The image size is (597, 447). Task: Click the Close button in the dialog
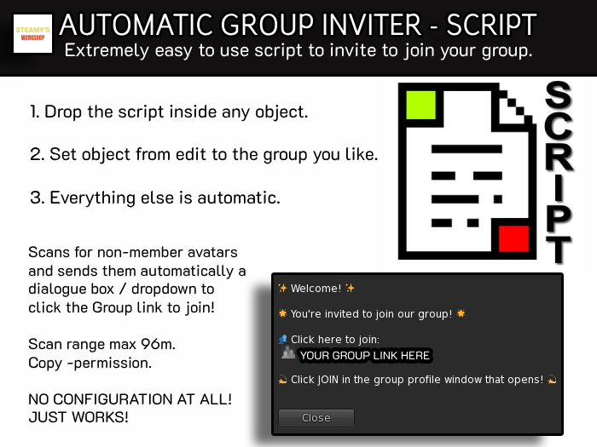tap(316, 418)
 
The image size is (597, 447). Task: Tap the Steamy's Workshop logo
tap(32, 33)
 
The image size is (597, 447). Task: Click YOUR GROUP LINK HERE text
tap(364, 355)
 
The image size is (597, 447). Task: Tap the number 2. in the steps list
tap(36, 155)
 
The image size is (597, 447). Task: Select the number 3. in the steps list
tap(36, 198)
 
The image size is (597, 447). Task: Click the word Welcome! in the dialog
tap(316, 289)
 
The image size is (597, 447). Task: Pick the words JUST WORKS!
tap(78, 417)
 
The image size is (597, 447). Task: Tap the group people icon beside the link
tap(288, 353)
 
